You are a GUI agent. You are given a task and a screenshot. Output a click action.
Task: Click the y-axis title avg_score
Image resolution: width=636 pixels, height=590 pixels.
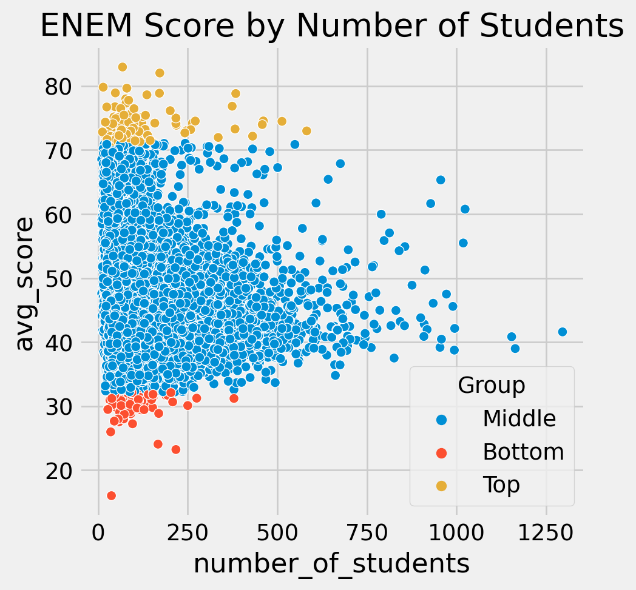click(25, 284)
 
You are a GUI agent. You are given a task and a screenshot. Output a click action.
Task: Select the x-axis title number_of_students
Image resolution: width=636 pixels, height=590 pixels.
click(332, 564)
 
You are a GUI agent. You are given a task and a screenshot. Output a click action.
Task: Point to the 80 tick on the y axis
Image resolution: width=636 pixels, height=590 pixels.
click(57, 87)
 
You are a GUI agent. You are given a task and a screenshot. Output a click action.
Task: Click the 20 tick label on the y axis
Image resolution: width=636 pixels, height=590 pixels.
click(57, 471)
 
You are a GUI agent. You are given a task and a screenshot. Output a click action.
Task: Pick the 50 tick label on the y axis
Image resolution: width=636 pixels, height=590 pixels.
click(57, 279)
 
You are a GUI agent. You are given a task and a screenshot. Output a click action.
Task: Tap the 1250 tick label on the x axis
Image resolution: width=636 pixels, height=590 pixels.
click(546, 532)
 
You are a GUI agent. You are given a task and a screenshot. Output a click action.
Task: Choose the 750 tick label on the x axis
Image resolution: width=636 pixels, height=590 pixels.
click(368, 532)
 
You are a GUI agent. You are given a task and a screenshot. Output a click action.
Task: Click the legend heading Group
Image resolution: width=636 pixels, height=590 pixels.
click(492, 385)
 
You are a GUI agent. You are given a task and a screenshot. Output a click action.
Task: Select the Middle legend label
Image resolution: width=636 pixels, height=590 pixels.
click(519, 418)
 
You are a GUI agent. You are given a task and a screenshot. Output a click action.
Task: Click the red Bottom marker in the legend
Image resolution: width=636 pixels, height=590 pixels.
click(441, 452)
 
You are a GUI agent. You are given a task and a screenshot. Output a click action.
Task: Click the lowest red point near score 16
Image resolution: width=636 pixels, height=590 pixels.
click(111, 495)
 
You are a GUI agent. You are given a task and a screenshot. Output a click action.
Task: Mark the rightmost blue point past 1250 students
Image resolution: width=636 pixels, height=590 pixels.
click(562, 332)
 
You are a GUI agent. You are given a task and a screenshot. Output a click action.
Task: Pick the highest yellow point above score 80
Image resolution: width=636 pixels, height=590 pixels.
click(123, 67)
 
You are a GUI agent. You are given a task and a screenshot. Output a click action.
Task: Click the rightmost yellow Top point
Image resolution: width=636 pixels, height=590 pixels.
click(306, 131)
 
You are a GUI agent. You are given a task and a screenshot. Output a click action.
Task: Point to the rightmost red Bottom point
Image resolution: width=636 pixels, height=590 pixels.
click(234, 398)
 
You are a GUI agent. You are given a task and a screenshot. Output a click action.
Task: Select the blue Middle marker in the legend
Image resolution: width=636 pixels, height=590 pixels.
click(441, 420)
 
